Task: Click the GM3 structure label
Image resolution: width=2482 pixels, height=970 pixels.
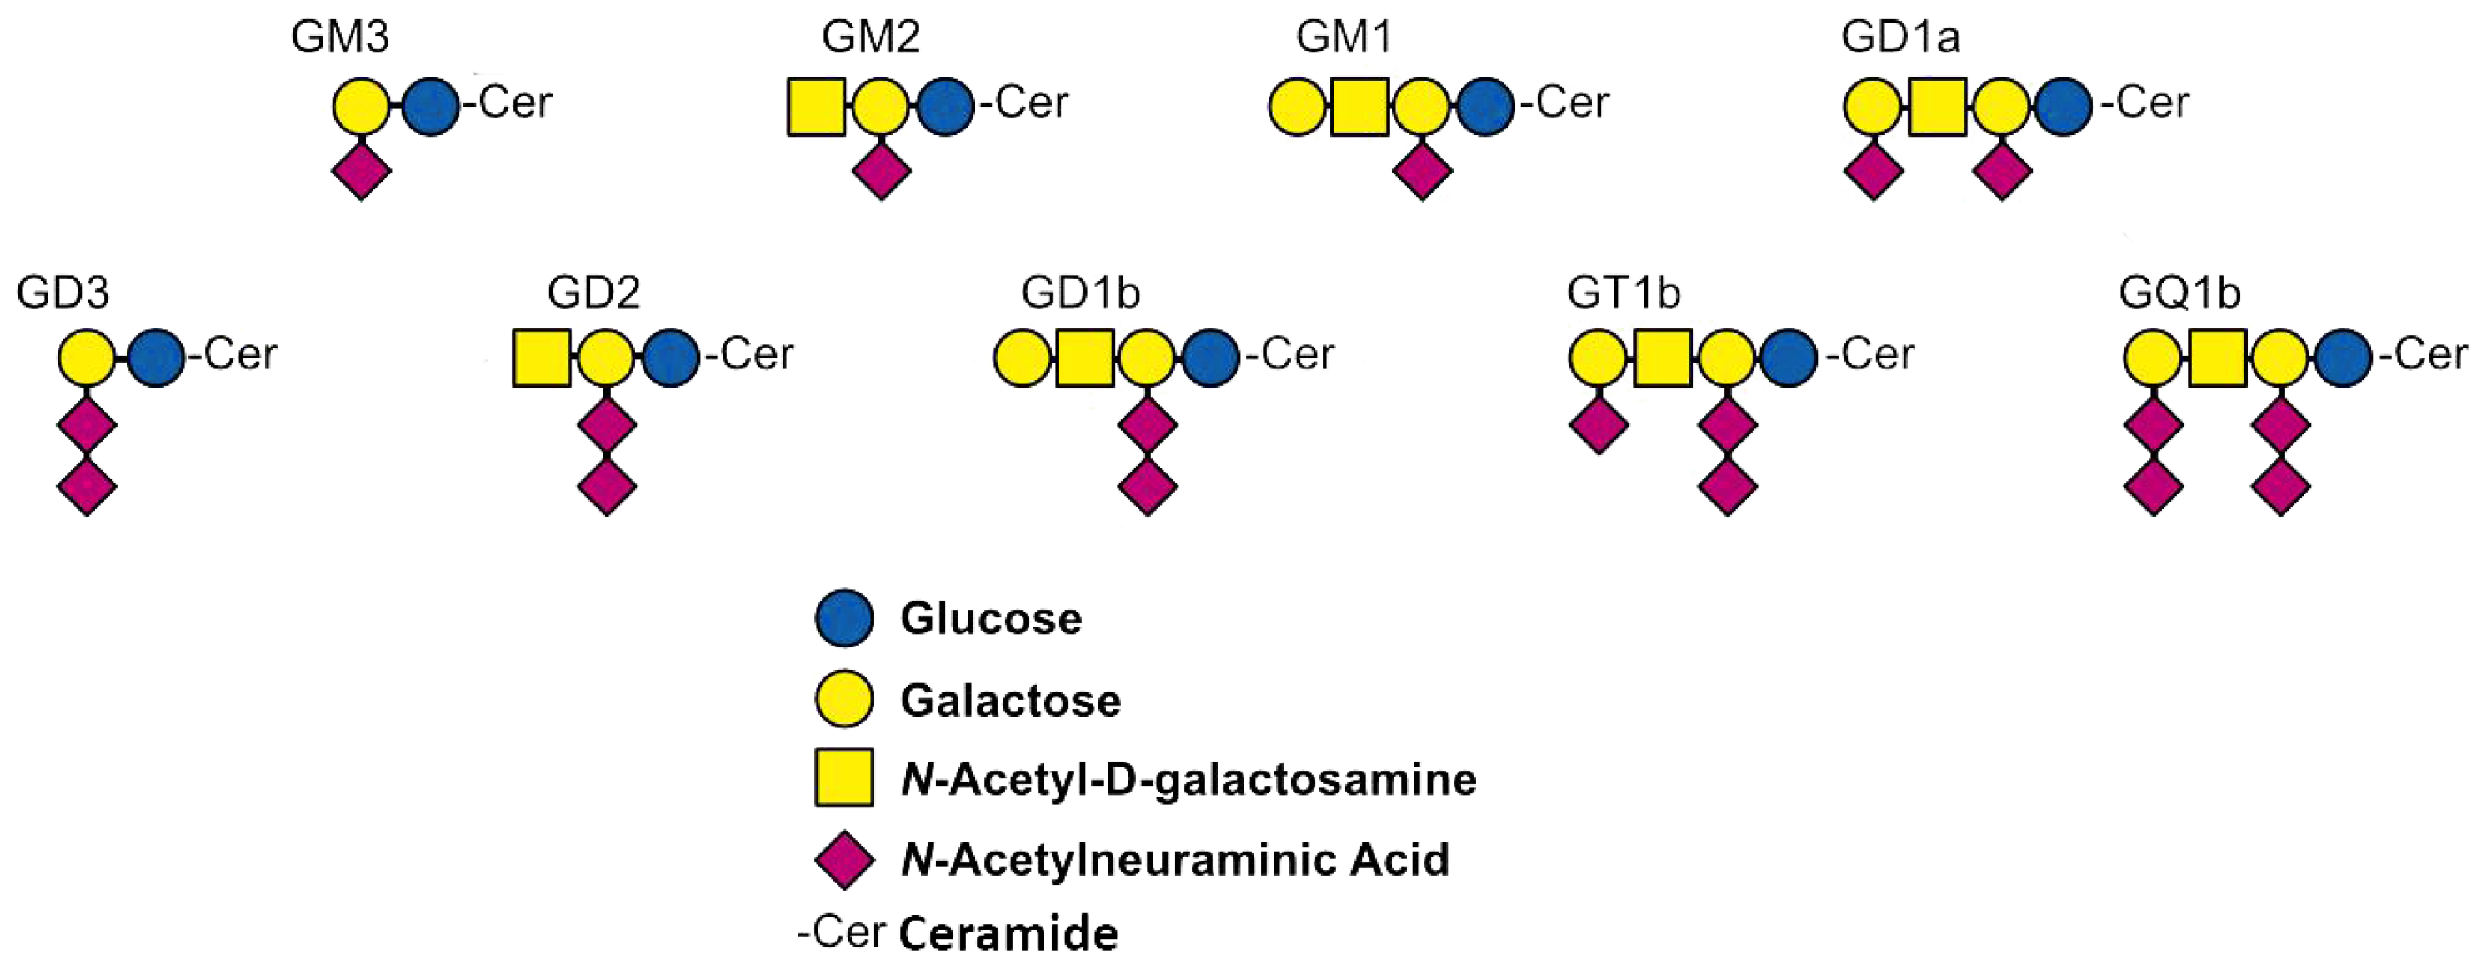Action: [340, 37]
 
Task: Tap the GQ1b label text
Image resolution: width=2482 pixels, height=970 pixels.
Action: [2179, 292]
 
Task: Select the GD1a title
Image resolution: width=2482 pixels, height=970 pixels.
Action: [1900, 37]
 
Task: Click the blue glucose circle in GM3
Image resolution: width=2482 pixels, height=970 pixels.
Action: [431, 106]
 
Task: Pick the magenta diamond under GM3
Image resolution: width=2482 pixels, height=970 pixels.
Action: [362, 172]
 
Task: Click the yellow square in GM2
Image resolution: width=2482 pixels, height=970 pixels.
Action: [816, 106]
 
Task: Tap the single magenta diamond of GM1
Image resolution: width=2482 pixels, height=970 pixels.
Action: [1422, 172]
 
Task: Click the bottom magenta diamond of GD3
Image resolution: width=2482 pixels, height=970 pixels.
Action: [87, 487]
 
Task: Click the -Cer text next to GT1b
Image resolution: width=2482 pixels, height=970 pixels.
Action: [1870, 353]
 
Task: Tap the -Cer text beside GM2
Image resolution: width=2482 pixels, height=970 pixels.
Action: [1024, 102]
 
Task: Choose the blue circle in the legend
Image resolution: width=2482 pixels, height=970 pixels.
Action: [844, 617]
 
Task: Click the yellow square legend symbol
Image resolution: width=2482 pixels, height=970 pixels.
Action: [844, 777]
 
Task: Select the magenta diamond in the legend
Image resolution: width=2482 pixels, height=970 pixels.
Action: [844, 859]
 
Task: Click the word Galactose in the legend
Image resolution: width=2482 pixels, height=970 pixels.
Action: [1011, 700]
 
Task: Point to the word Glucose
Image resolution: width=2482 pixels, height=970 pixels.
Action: [990, 618]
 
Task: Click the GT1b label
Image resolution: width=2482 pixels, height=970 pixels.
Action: [1624, 292]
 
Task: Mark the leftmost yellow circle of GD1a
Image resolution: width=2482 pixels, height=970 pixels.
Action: [1873, 106]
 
